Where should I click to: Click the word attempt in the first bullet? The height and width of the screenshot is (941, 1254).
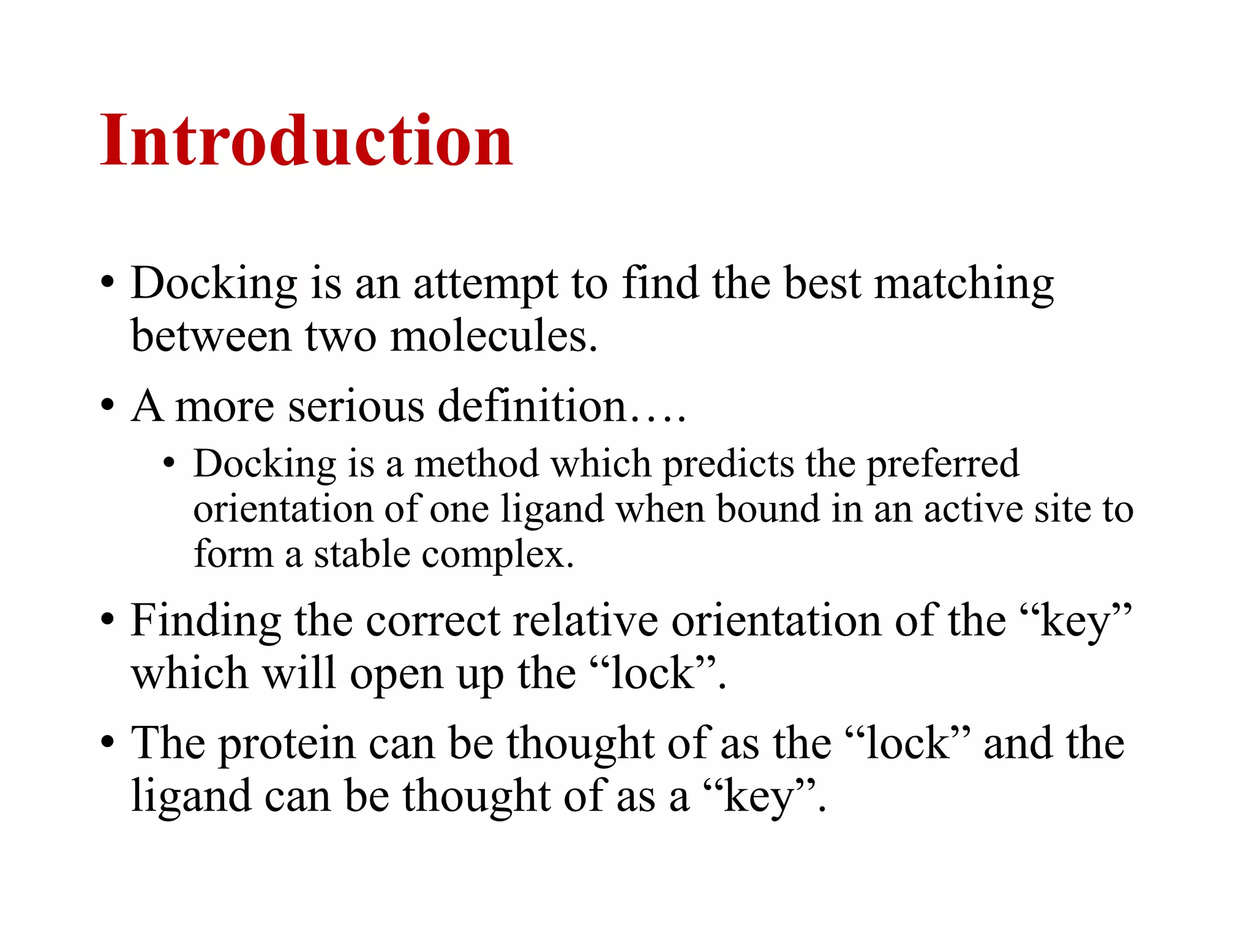point(485,285)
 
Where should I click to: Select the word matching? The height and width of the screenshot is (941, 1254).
point(964,285)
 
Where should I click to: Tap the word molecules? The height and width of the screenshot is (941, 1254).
point(493,336)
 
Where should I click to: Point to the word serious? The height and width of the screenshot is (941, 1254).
point(356,406)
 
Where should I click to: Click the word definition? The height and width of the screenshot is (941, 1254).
point(531,406)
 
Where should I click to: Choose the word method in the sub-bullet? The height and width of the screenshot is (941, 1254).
point(477,464)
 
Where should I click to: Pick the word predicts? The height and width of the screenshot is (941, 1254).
point(728,464)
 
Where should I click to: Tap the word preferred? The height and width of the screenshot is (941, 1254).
point(943,464)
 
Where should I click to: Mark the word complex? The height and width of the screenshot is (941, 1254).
point(498,556)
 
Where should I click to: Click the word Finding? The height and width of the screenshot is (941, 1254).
point(206,622)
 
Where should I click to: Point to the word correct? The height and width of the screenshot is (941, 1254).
point(433,622)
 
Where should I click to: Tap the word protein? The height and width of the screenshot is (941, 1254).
point(287,744)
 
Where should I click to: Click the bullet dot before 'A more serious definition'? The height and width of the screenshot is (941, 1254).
point(108,406)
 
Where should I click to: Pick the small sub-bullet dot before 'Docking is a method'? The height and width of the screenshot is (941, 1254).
point(169,464)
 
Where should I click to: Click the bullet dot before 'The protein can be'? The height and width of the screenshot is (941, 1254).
point(108,743)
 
